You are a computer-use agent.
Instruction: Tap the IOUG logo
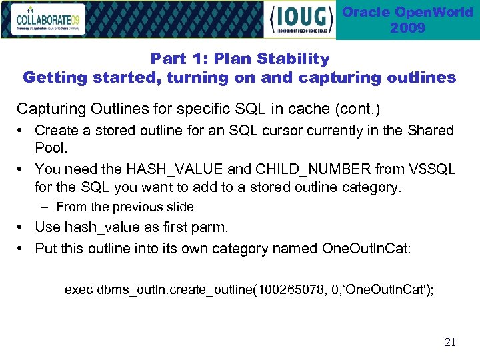coord(301,20)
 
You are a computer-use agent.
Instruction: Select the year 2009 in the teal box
coord(407,28)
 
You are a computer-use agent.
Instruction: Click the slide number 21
coord(450,343)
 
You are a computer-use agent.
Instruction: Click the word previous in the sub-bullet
coord(134,207)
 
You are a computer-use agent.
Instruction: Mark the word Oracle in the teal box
coord(366,13)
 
